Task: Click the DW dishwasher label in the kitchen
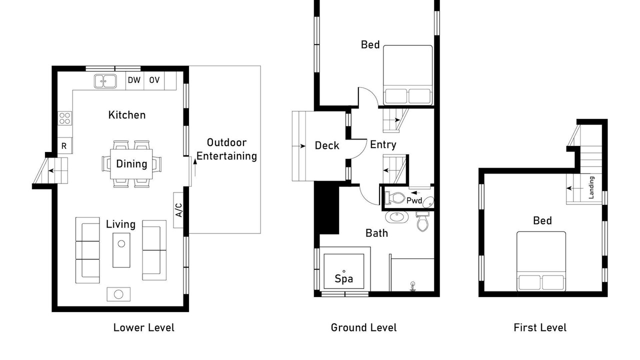(x=134, y=80)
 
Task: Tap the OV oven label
(x=154, y=80)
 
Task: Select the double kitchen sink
(x=105, y=81)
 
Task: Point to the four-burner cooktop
(x=65, y=118)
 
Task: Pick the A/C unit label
(x=178, y=210)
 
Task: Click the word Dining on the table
(x=131, y=164)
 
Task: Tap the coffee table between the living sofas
(x=121, y=250)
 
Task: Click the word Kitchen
(x=127, y=115)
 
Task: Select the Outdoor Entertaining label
(x=226, y=149)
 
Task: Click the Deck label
(x=327, y=145)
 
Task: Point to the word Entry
(x=383, y=144)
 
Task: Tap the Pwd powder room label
(x=414, y=200)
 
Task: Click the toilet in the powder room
(x=395, y=197)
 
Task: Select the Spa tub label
(x=343, y=278)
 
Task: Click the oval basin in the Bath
(x=396, y=216)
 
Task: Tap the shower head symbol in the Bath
(x=412, y=286)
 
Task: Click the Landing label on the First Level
(x=591, y=187)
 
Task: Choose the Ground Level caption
(x=363, y=327)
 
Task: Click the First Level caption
(x=540, y=327)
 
